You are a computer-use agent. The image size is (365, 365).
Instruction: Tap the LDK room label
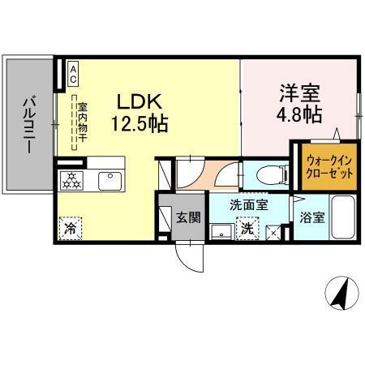[142, 101]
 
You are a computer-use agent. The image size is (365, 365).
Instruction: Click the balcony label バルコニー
[28, 126]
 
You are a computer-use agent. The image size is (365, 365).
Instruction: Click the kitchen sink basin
[107, 178]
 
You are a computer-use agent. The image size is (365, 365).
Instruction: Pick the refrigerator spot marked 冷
[71, 229]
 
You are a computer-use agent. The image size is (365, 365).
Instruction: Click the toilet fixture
[269, 174]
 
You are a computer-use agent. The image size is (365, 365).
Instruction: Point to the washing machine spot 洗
[247, 230]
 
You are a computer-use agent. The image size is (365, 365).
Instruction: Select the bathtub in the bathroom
[341, 217]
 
